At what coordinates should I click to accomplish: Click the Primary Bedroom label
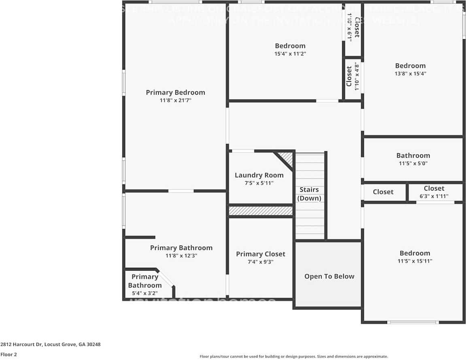175,93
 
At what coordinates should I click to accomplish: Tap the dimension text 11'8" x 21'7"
175,100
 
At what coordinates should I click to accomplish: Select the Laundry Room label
259,175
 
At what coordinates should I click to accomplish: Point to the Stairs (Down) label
309,194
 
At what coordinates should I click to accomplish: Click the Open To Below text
329,276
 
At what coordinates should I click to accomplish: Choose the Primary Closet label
260,254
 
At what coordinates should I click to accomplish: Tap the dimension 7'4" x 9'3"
260,262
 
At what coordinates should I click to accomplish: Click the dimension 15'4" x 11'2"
290,53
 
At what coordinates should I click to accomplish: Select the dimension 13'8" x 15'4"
410,74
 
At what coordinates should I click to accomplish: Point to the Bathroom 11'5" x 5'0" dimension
413,163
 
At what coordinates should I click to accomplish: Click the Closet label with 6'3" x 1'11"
434,188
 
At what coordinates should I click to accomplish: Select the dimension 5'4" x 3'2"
145,293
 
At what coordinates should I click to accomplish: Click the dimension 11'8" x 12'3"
181,256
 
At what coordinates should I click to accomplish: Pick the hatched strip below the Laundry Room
260,211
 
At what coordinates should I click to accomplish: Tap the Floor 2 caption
9,354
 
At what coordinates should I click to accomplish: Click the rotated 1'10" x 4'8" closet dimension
357,76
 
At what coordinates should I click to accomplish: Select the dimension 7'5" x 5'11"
259,183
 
